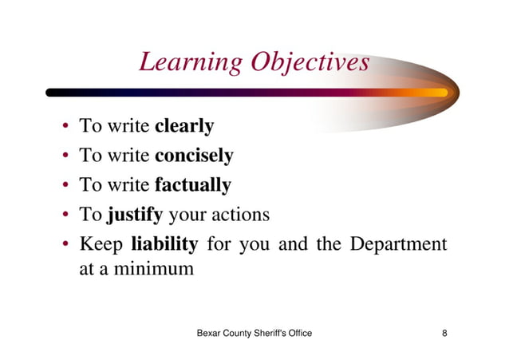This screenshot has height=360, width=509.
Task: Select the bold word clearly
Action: coord(184,126)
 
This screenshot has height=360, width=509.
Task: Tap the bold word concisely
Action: coord(194,156)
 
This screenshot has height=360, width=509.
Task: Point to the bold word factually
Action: coord(192,185)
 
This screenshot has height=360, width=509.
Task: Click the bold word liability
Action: coord(164,243)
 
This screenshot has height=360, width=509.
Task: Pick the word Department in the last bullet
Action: coord(397,243)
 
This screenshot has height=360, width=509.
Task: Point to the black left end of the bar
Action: coord(53,93)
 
